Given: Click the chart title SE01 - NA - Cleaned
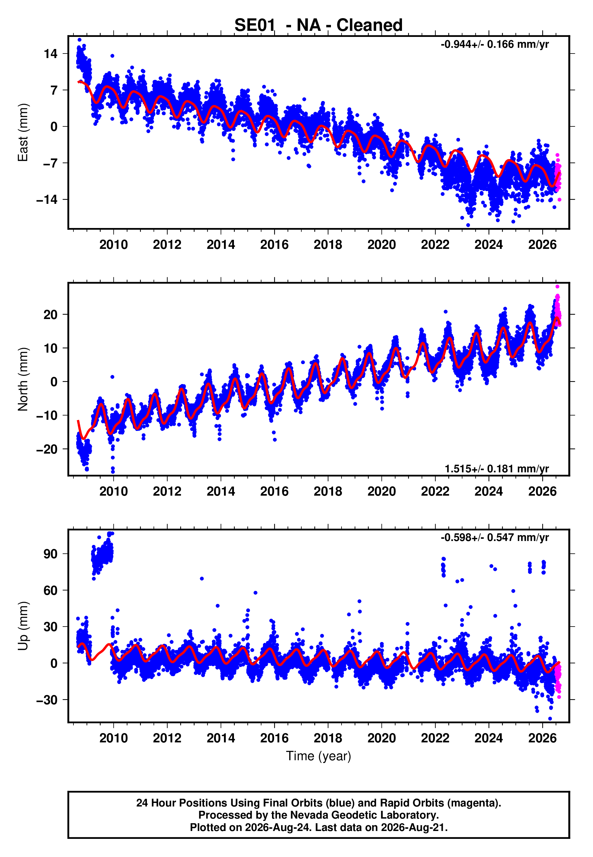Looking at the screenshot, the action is (x=319, y=25).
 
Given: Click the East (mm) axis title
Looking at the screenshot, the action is (x=23, y=133).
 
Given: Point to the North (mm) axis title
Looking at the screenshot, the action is (x=23, y=379).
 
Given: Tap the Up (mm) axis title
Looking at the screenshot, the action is (x=23, y=626).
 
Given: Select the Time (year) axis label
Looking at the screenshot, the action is (x=319, y=756).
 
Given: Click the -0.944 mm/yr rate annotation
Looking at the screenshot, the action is (x=494, y=44).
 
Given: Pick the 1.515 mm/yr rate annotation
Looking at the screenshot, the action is (x=497, y=469).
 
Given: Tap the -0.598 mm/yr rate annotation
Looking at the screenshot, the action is (x=494, y=538).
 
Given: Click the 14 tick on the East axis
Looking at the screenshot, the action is (x=50, y=54).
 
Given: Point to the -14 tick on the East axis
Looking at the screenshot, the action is (x=47, y=200).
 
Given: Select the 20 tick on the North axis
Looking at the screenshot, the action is (x=50, y=315).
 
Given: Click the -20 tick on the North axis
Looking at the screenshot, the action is (x=47, y=450).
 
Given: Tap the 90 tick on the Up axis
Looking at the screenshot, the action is (x=50, y=554).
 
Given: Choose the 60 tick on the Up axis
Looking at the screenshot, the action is (x=50, y=591).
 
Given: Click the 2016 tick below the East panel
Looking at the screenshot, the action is (x=274, y=245).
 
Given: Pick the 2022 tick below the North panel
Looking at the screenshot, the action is (x=435, y=491).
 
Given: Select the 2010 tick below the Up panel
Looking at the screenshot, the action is (x=113, y=738).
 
